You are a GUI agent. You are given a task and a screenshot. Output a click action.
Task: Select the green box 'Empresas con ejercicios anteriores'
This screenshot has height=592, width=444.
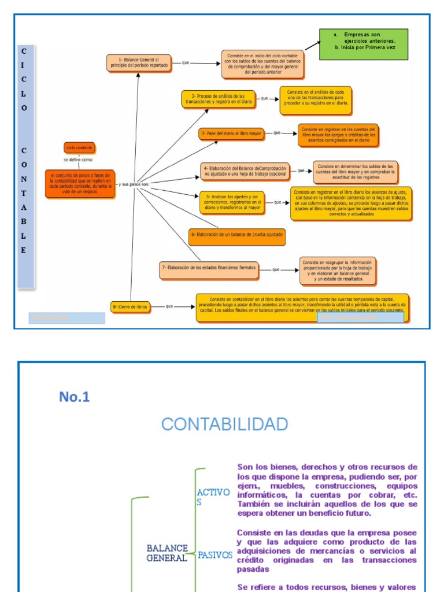pyautogui.click(x=364, y=45)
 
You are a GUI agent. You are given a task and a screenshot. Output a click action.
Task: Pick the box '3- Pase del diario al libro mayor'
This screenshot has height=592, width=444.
pyautogui.click(x=231, y=134)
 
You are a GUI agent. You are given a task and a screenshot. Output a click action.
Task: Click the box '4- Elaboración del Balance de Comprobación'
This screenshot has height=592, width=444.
pyautogui.click(x=245, y=171)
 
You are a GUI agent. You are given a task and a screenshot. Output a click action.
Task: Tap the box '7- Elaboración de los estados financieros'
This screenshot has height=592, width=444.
pyautogui.click(x=208, y=269)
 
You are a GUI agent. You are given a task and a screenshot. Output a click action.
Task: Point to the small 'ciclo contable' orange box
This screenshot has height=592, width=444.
pyautogui.click(x=79, y=148)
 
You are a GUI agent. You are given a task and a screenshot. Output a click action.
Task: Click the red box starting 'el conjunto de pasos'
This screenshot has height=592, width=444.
pyautogui.click(x=80, y=184)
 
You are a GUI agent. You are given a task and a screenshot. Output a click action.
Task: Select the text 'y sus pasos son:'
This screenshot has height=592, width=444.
pyautogui.click(x=134, y=184)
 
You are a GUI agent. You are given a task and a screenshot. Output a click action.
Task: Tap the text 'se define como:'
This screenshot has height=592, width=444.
pyautogui.click(x=79, y=160)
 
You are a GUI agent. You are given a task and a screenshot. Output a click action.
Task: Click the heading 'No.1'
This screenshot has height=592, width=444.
pyautogui.click(x=75, y=397)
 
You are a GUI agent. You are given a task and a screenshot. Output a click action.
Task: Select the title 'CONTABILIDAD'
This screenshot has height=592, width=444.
pyautogui.click(x=224, y=424)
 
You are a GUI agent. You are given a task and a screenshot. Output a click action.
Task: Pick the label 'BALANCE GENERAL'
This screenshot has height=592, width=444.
pyautogui.click(x=167, y=553)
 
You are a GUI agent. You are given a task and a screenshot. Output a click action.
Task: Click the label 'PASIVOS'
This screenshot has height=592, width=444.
pyautogui.click(x=215, y=555)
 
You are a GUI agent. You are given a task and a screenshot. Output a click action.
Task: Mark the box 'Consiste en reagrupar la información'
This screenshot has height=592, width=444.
pyautogui.click(x=338, y=271)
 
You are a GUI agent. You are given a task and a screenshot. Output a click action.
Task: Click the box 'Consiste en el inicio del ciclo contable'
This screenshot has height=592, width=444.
pyautogui.click(x=262, y=64)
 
